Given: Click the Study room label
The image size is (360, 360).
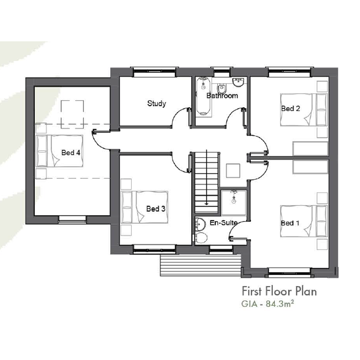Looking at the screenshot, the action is pyautogui.click(x=157, y=104).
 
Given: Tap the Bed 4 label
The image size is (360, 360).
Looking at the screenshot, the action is pyautogui.click(x=71, y=152).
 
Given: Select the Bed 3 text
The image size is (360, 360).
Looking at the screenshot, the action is pyautogui.click(x=156, y=209).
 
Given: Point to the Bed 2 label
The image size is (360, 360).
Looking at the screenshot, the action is pyautogui.click(x=291, y=108).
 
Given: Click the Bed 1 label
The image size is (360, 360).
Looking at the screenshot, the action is pyautogui.click(x=290, y=223).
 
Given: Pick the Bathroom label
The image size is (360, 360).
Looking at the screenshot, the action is pyautogui.click(x=222, y=96).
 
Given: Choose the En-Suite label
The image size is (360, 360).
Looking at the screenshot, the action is pyautogui.click(x=223, y=222).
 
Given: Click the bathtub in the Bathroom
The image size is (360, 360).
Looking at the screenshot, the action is pyautogui.click(x=203, y=96).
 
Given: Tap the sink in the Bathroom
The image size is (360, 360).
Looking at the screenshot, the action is pyautogui.click(x=238, y=82).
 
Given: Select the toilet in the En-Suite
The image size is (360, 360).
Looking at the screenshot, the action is pyautogui.click(x=201, y=238).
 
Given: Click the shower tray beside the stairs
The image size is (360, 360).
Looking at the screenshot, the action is pyautogui.click(x=233, y=203).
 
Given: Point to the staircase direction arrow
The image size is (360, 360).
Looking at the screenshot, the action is pyautogui.click(x=207, y=177).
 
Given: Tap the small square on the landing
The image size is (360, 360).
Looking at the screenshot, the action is pyautogui.click(x=233, y=171).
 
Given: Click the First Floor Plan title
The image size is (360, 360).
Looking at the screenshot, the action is pyautogui.click(x=279, y=291).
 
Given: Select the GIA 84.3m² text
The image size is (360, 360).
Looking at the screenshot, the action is pyautogui.click(x=268, y=304).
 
